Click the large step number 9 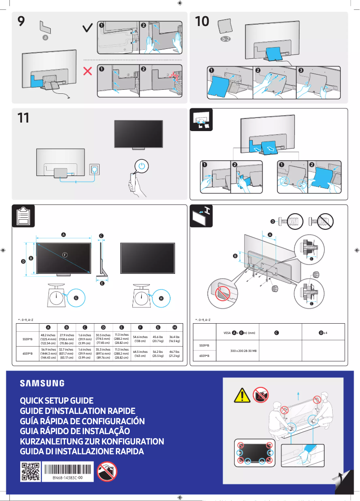click(21, 22)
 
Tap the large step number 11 click(23, 119)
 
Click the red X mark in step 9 click(88, 71)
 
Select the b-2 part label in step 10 click(225, 40)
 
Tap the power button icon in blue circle click(142, 167)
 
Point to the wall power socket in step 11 click(95, 170)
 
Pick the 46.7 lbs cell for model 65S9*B click(175, 353)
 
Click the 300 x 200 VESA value click(243, 351)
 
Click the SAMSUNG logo click(42, 383)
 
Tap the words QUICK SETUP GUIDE click(57, 400)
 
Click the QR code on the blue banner click(30, 471)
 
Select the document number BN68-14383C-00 click(67, 479)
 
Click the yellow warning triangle click(241, 395)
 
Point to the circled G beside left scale click(76, 297)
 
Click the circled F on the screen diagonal click(65, 255)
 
